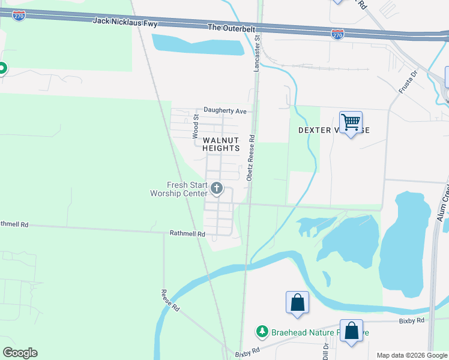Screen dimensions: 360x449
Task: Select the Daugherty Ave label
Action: click(x=225, y=110)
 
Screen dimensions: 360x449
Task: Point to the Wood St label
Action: click(x=195, y=128)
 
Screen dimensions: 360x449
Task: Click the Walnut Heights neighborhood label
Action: click(x=221, y=144)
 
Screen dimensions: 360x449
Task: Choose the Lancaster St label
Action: click(x=256, y=54)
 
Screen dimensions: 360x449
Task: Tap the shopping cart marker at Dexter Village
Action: click(x=351, y=122)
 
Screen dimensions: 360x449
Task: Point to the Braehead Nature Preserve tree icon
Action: click(x=262, y=331)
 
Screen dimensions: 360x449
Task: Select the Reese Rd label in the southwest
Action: click(x=170, y=301)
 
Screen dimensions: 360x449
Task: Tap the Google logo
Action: click(x=20, y=353)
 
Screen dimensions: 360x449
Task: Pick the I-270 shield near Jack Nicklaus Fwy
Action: click(x=20, y=16)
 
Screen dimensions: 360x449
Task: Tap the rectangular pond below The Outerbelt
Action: click(x=198, y=44)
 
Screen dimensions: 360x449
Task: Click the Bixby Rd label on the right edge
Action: click(x=412, y=321)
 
